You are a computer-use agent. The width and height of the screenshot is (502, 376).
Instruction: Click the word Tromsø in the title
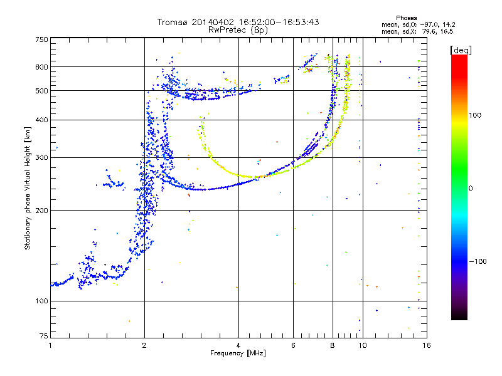pos(174,22)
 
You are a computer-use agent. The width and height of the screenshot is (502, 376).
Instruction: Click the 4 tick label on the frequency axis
pos(238,345)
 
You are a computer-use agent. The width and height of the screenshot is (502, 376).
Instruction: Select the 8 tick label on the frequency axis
pos(333,345)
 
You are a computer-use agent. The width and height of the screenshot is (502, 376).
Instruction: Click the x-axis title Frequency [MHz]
pos(238,354)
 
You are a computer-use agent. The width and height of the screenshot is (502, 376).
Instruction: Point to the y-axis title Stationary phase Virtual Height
pos(28,189)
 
